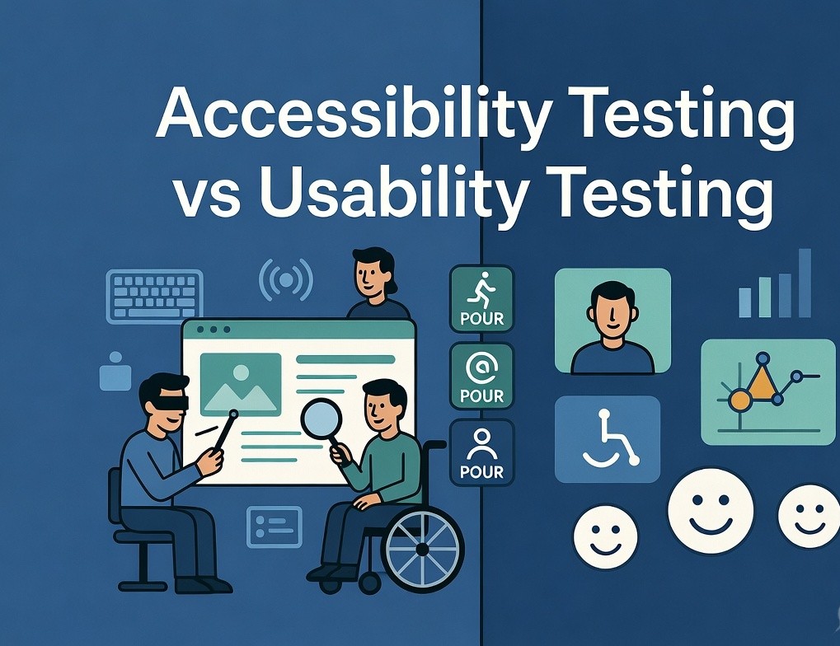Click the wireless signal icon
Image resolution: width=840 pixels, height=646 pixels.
point(286,281)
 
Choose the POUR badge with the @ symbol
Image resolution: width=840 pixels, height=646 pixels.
point(481,375)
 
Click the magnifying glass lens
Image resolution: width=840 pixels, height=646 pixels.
point(321,418)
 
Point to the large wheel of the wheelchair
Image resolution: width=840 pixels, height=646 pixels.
point(423,548)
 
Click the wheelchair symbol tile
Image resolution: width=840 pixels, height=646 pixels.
point(607,438)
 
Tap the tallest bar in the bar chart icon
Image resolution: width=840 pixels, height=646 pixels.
point(805,283)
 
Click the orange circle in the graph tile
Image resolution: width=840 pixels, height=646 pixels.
point(739,400)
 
